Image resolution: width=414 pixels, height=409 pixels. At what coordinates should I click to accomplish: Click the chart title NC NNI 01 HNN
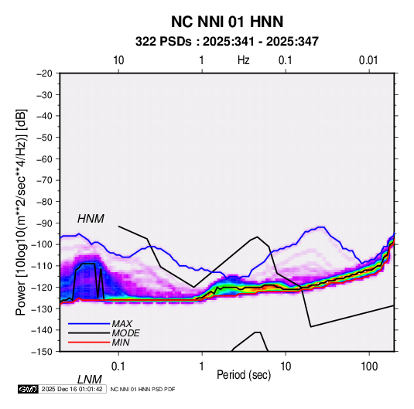227,22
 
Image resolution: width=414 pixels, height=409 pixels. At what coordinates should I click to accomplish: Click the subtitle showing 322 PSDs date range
227,42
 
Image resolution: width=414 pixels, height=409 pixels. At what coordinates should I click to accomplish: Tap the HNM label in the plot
91,219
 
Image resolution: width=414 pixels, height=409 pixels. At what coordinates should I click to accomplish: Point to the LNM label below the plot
90,380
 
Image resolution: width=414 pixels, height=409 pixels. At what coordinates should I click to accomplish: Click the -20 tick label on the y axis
44,73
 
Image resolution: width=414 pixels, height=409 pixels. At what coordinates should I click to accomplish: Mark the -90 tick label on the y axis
44,223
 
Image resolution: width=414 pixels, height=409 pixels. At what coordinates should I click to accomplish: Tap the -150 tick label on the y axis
42,352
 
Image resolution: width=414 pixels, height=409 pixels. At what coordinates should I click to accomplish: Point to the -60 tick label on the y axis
44,158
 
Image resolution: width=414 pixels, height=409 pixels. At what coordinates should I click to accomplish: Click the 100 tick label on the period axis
369,366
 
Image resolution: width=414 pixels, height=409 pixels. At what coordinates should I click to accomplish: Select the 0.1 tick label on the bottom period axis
118,366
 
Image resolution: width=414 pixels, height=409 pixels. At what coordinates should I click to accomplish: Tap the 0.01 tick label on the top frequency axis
368,60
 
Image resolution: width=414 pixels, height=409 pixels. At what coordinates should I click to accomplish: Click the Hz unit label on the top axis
244,60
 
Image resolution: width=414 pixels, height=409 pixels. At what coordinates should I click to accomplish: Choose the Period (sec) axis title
244,375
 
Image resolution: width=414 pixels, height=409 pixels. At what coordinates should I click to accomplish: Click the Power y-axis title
21,212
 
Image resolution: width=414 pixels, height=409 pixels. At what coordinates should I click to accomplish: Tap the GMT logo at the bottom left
29,389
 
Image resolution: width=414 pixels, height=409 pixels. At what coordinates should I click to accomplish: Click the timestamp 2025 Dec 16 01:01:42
72,389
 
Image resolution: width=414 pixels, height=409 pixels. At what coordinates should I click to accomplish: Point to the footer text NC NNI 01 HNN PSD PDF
142,389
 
